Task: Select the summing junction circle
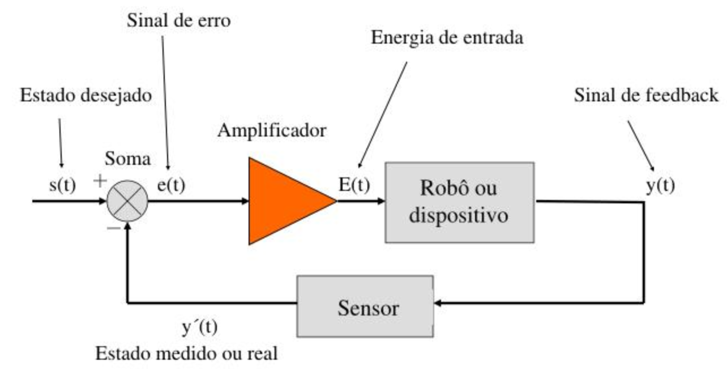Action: tap(127, 201)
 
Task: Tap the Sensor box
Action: tap(365, 306)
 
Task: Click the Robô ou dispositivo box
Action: tap(460, 202)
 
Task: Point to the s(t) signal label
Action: tap(63, 185)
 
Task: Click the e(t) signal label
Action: tap(172, 185)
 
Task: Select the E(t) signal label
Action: tap(354, 185)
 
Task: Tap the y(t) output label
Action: tap(660, 186)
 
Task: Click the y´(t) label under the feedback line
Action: tap(200, 327)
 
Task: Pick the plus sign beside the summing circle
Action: tap(100, 181)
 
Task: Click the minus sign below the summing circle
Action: tap(114, 228)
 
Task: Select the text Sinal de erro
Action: tap(178, 20)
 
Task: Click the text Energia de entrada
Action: tap(447, 38)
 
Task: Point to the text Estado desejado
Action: tap(86, 96)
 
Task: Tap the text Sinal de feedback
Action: tap(646, 96)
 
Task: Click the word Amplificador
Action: tap(272, 131)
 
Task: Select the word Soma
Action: tap(127, 159)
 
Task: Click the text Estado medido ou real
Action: tap(187, 354)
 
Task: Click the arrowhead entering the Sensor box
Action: tap(438, 303)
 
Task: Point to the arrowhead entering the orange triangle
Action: tap(245, 201)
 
